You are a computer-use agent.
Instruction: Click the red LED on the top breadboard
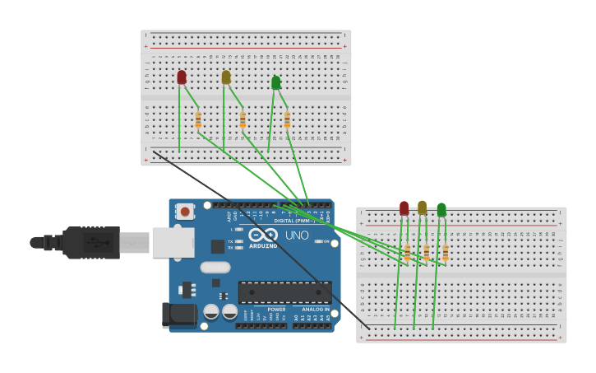[182, 77]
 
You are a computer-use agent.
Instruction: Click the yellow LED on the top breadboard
[226, 77]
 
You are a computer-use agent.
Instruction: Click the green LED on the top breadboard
[275, 82]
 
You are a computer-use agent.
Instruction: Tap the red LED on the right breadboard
[404, 208]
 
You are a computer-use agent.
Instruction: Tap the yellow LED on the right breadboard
[422, 207]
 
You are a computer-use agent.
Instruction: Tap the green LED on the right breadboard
[441, 210]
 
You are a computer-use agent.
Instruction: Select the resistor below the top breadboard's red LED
[198, 120]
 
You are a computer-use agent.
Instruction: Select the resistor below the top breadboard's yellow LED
[243, 120]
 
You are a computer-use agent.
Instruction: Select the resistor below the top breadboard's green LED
[287, 120]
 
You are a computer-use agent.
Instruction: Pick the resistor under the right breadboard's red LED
[407, 252]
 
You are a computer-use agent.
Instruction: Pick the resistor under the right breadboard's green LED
[446, 252]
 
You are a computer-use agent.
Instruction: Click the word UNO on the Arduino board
[296, 235]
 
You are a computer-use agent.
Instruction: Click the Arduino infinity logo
[263, 235]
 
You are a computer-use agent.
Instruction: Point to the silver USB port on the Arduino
[173, 242]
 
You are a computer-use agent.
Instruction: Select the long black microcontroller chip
[284, 291]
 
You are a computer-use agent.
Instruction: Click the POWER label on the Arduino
[276, 310]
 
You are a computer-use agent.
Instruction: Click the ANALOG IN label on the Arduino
[316, 310]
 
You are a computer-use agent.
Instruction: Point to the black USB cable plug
[90, 243]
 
